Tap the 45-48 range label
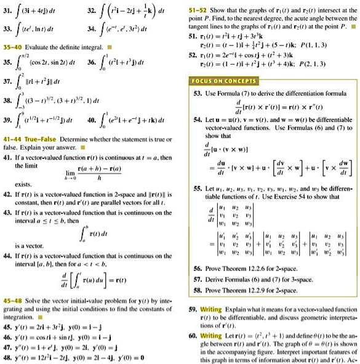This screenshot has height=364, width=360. pyautogui.click(x=11, y=306)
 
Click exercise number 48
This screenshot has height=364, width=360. pyautogui.click(x=7, y=356)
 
